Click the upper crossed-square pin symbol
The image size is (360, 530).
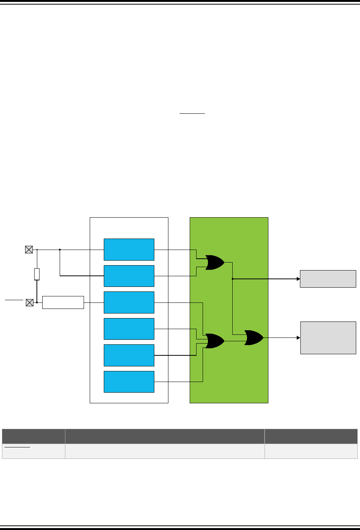(x=29, y=250)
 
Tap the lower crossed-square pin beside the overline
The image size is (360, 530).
(x=29, y=302)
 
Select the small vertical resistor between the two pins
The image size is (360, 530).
(x=37, y=274)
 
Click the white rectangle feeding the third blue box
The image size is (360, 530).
(x=63, y=302)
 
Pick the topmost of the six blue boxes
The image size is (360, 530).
(x=129, y=250)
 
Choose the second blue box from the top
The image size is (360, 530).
(x=129, y=276)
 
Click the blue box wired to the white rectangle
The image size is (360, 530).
(x=129, y=302)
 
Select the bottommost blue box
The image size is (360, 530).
(x=129, y=382)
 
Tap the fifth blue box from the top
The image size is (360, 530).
(x=129, y=355)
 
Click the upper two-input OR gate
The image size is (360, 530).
(x=214, y=263)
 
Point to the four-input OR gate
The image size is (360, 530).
(x=214, y=341)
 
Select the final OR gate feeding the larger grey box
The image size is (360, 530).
(x=254, y=337)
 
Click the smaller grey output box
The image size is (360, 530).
(x=328, y=279)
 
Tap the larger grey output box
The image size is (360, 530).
(x=328, y=337)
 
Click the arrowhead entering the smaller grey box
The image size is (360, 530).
(x=298, y=279)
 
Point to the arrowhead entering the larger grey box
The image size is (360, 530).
(x=298, y=337)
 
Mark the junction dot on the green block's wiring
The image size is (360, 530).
(x=232, y=279)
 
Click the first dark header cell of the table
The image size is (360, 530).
(x=33, y=436)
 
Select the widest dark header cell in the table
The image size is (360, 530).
(x=165, y=436)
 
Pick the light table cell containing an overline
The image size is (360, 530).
(x=33, y=451)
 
